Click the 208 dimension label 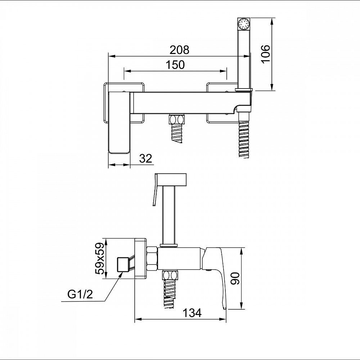[179, 50]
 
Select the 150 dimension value [175, 65]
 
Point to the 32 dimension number [145, 158]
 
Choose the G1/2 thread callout [80, 294]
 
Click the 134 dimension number [192, 313]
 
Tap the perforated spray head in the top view [244, 23]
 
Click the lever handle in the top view [119, 122]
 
